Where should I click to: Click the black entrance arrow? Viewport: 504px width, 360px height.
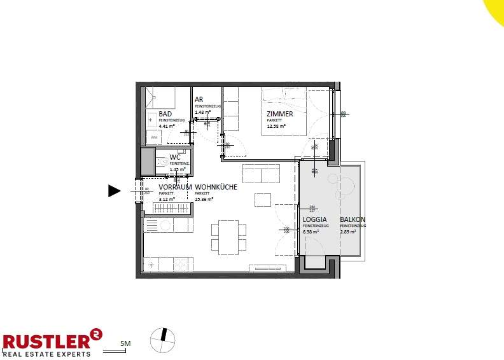[114, 191]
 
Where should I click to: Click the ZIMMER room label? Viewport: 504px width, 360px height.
[280, 114]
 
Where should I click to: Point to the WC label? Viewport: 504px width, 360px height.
[174, 158]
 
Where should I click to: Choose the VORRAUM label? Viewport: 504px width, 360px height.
[176, 188]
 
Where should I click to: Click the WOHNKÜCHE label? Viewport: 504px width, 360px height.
[216, 188]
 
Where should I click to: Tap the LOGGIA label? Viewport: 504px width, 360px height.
[314, 219]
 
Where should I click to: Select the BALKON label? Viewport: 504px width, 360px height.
[353, 219]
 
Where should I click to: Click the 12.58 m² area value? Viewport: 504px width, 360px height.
[276, 126]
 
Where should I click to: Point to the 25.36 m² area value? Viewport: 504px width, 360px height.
[204, 199]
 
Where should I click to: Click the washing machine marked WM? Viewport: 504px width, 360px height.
[154, 137]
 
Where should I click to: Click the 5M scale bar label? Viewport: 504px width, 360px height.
[126, 343]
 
